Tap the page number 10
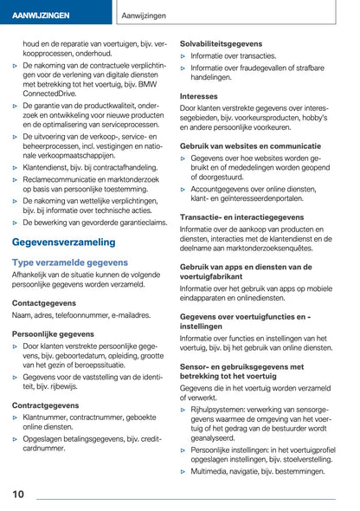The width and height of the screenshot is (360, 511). coord(18,495)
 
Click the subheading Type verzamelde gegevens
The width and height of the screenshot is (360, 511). coord(70,262)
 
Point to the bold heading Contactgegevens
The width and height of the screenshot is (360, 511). coord(44,303)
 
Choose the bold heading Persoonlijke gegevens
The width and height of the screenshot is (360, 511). coord(54,333)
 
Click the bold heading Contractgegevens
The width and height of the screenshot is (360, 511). coord(47,404)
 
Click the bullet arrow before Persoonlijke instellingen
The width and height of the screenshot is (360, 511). coord(183,450)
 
